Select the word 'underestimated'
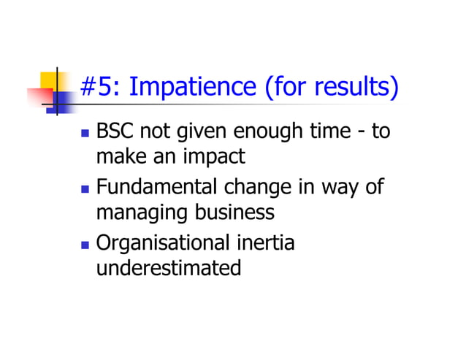click(x=168, y=267)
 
